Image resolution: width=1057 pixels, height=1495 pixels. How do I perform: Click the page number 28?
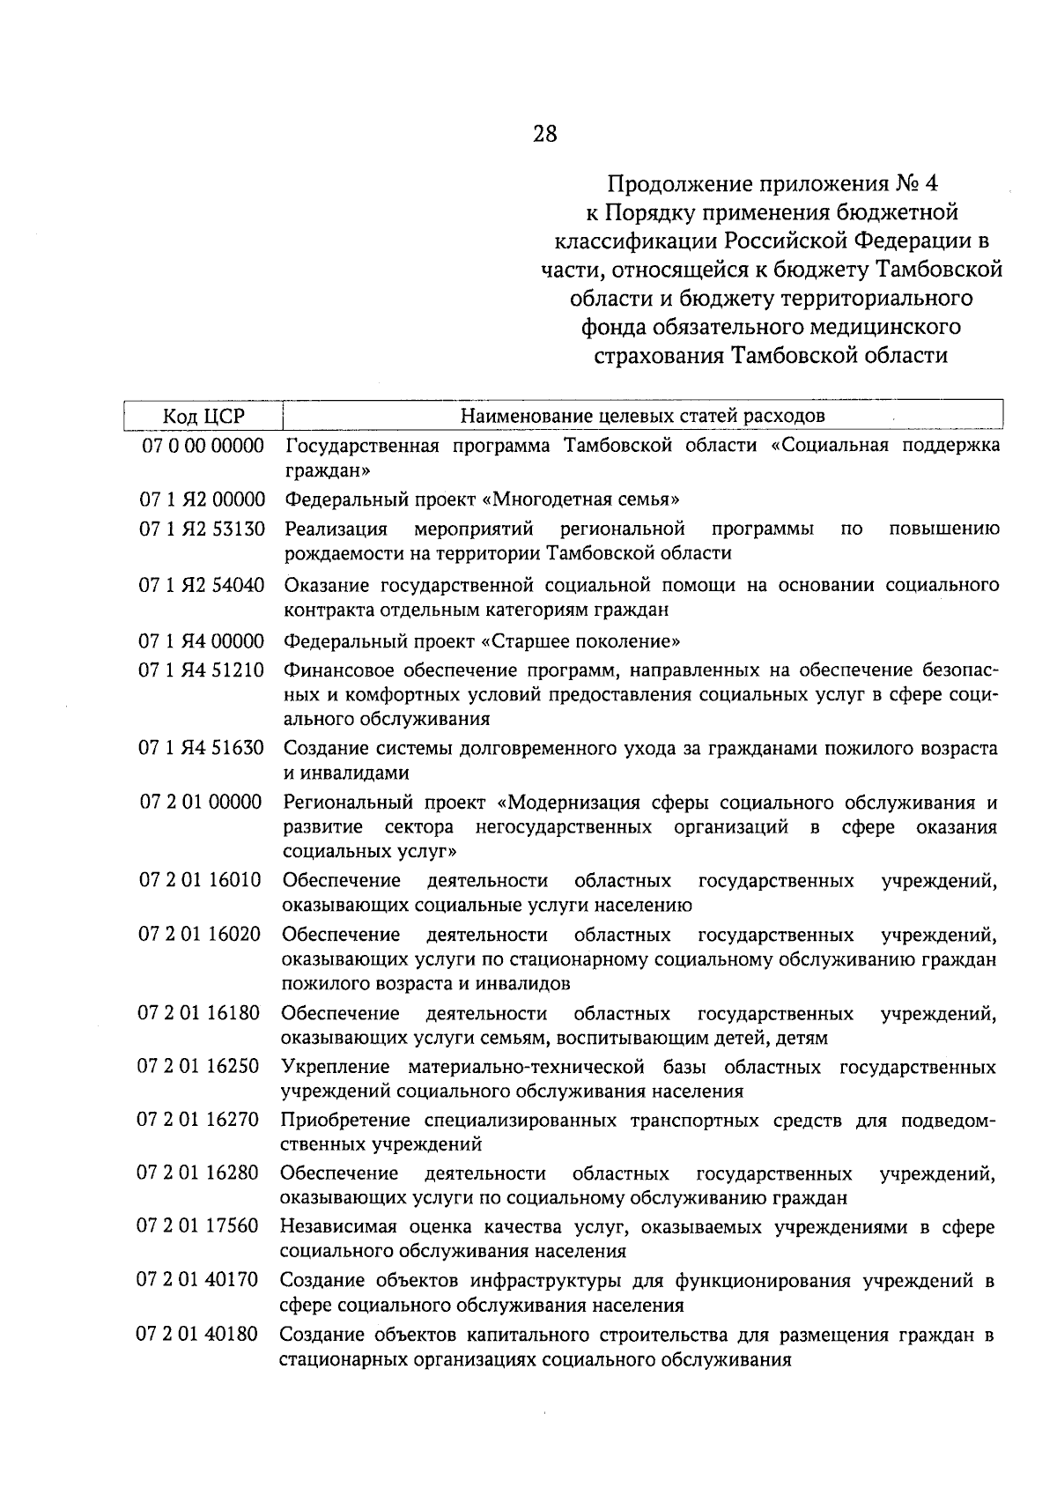click(544, 134)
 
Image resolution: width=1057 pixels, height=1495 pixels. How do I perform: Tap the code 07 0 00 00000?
click(203, 446)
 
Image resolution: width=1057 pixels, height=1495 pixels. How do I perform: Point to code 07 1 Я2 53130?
click(202, 529)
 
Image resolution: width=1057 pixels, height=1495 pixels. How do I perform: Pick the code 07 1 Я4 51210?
click(202, 670)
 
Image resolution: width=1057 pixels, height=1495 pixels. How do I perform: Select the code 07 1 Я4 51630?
click(202, 749)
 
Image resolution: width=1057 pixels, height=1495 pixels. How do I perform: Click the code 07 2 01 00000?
click(202, 803)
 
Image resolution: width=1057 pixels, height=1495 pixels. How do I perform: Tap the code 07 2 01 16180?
click(200, 1013)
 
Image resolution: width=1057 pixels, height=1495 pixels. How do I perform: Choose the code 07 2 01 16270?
click(200, 1121)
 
